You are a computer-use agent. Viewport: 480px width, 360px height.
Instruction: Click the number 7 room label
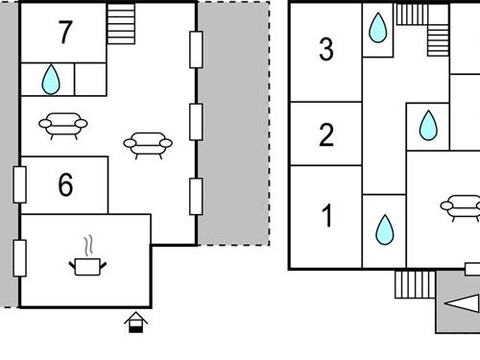(64, 33)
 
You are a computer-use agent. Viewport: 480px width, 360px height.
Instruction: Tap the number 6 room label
(65, 185)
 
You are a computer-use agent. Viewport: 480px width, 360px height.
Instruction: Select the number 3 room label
(326, 49)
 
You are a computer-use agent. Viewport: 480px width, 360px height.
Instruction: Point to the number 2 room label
(326, 134)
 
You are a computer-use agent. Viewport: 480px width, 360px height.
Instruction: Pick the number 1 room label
(326, 216)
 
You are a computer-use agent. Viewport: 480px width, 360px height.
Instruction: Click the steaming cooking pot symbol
(88, 259)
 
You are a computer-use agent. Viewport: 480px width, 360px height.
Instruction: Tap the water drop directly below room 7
(50, 80)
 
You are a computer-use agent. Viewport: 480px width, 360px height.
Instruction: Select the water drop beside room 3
(378, 28)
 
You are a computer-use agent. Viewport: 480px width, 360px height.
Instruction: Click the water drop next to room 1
(384, 229)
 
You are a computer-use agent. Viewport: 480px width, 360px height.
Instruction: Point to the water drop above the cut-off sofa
(428, 126)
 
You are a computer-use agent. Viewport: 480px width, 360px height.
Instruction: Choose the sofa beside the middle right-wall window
(148, 144)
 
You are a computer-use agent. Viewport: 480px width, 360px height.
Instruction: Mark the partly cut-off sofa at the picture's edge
(462, 204)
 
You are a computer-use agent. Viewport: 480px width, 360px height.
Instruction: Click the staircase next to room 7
(122, 23)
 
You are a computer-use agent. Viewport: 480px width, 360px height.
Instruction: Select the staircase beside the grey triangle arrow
(415, 284)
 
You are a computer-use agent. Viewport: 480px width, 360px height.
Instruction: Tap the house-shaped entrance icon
(136, 322)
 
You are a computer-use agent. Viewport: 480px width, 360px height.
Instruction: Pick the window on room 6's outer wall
(19, 184)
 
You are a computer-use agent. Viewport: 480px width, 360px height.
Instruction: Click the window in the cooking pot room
(19, 257)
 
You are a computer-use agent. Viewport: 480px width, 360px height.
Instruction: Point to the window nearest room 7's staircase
(196, 49)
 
